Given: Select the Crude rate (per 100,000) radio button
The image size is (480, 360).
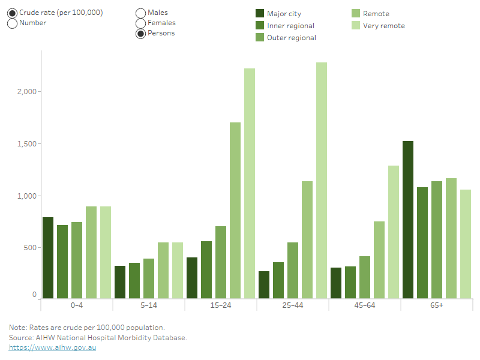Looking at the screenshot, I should coord(12,13).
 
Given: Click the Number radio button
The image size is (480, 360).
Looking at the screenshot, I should coord(12,23).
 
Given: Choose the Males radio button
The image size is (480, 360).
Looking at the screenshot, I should coord(140,13).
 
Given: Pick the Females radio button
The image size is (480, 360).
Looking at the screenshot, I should coord(140,23).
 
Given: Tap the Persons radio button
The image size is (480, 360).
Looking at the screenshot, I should coord(140,34).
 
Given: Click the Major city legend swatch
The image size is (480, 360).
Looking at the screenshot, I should coord(260,14).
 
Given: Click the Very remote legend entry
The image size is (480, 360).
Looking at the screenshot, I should coord(383,26).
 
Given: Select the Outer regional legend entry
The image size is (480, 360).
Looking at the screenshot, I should coord(291,38).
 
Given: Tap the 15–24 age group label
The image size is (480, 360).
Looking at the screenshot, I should coord(221,305).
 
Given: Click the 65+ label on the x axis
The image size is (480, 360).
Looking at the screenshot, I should coord(436,305).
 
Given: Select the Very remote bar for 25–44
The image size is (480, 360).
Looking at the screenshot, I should coord(322,180).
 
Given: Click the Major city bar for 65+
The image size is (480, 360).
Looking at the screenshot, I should coord(408,220).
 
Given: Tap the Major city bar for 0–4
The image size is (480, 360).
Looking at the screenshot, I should coord(48,258).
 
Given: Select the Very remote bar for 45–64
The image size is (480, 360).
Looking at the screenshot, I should coord(394,232).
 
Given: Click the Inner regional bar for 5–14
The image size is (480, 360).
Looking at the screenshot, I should coord(134,280).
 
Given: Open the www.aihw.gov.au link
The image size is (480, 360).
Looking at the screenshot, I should coord(52,347).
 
